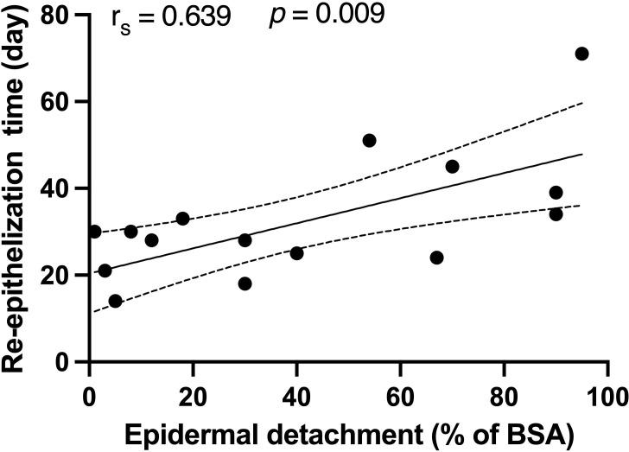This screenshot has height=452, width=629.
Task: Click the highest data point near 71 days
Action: pyautogui.click(x=581, y=54)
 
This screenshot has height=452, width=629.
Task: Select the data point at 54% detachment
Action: pyautogui.click(x=369, y=140)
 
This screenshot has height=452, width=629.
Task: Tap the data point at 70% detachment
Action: pyautogui.click(x=452, y=166)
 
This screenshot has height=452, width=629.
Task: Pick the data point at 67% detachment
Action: pyautogui.click(x=436, y=258)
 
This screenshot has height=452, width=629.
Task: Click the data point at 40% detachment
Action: pyautogui.click(x=296, y=253)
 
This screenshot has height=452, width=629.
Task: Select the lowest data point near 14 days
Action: pyautogui.click(x=115, y=301)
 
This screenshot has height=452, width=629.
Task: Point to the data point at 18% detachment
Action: pyautogui.click(x=182, y=219)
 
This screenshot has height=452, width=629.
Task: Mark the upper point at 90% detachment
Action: pyautogui.click(x=556, y=193)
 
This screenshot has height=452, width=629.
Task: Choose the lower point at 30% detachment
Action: pyautogui.click(x=245, y=283)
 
